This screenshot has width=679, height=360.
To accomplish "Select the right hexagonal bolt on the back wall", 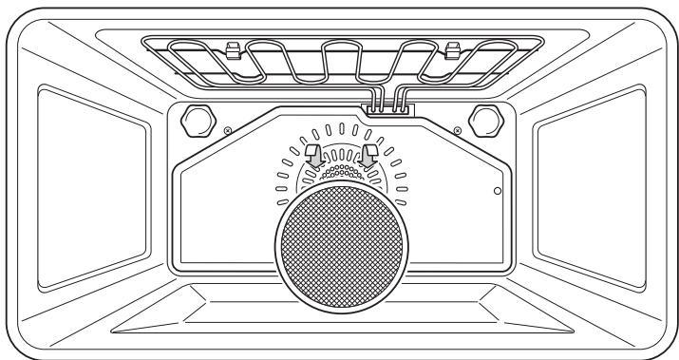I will tap(484, 121).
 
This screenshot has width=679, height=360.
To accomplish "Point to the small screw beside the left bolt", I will tap(226, 131).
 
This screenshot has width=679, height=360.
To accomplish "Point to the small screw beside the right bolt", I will tap(459, 131).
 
